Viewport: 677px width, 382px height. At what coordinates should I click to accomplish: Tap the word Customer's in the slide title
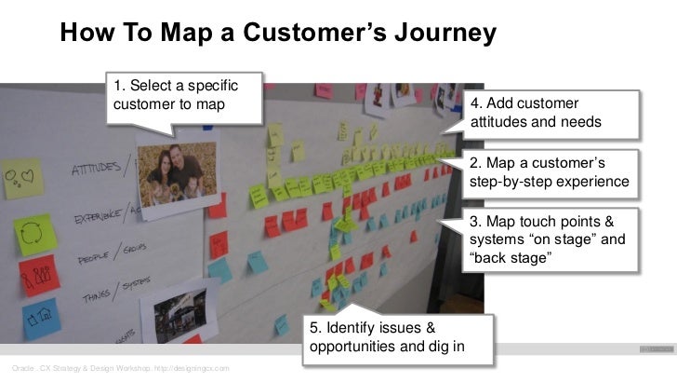pyautogui.click(x=307, y=34)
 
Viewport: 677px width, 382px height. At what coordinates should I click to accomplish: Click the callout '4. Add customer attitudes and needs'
pyautogui.click(x=550, y=113)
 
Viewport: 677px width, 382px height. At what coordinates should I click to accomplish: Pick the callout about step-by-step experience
pyautogui.click(x=550, y=172)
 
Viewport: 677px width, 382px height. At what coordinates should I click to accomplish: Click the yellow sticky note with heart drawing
pyautogui.click(x=23, y=177)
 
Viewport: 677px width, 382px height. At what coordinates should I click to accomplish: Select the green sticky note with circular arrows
pyautogui.click(x=35, y=234)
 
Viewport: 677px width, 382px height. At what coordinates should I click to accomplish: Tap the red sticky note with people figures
pyautogui.click(x=39, y=275)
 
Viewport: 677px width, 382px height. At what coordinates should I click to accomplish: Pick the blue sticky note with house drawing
pyautogui.click(x=41, y=318)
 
